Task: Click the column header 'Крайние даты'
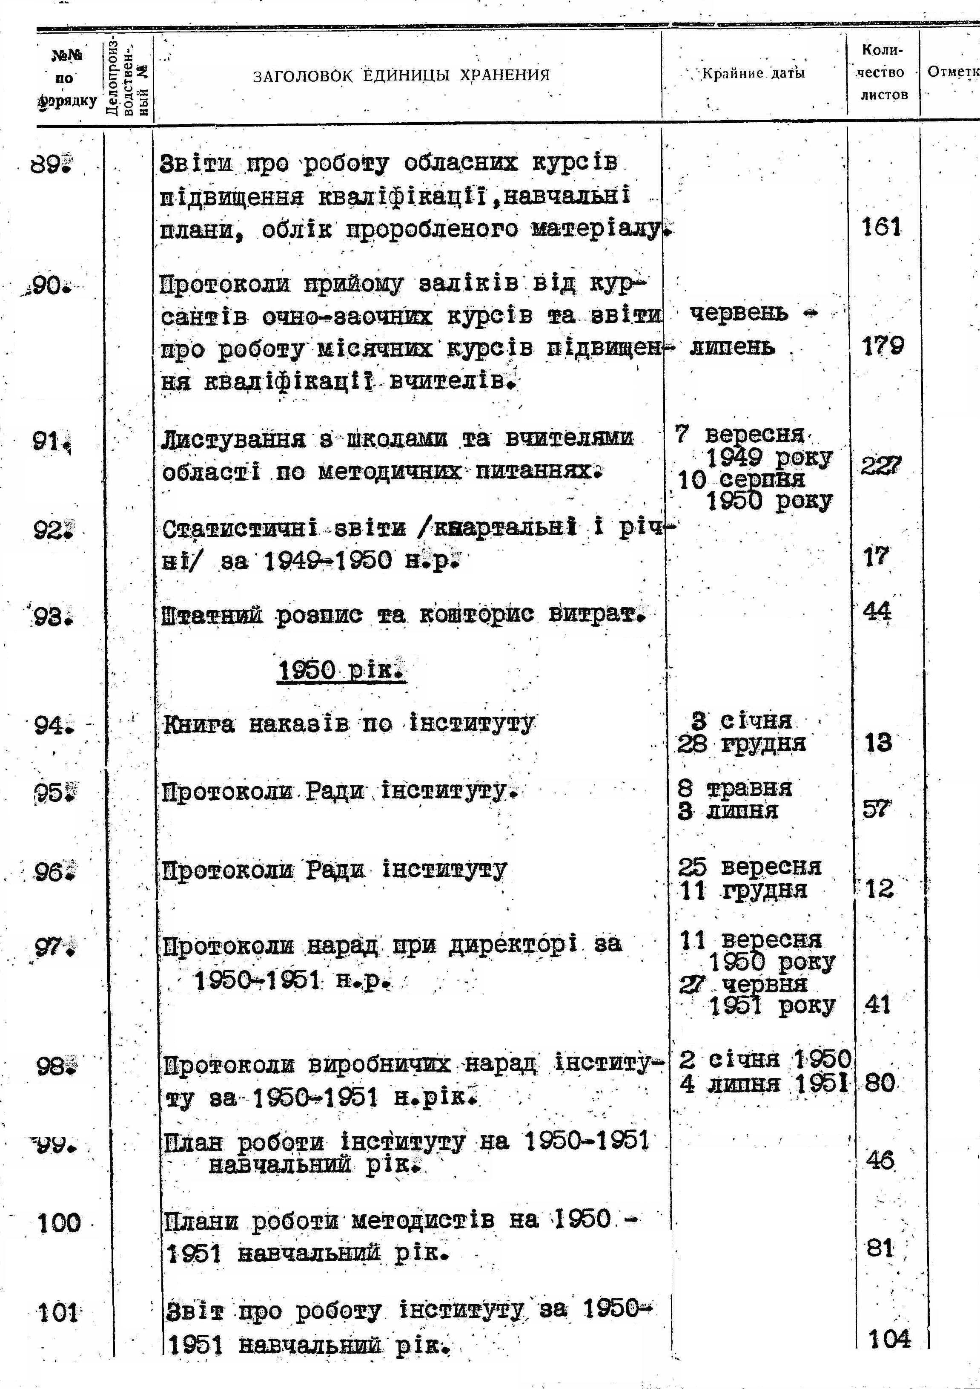(x=753, y=74)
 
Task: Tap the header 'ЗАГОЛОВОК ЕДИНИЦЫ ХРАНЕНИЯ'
(x=401, y=75)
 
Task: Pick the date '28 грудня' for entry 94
(x=741, y=743)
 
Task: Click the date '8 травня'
(x=734, y=788)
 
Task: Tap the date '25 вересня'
(x=749, y=867)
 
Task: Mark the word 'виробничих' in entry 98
(x=379, y=1064)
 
